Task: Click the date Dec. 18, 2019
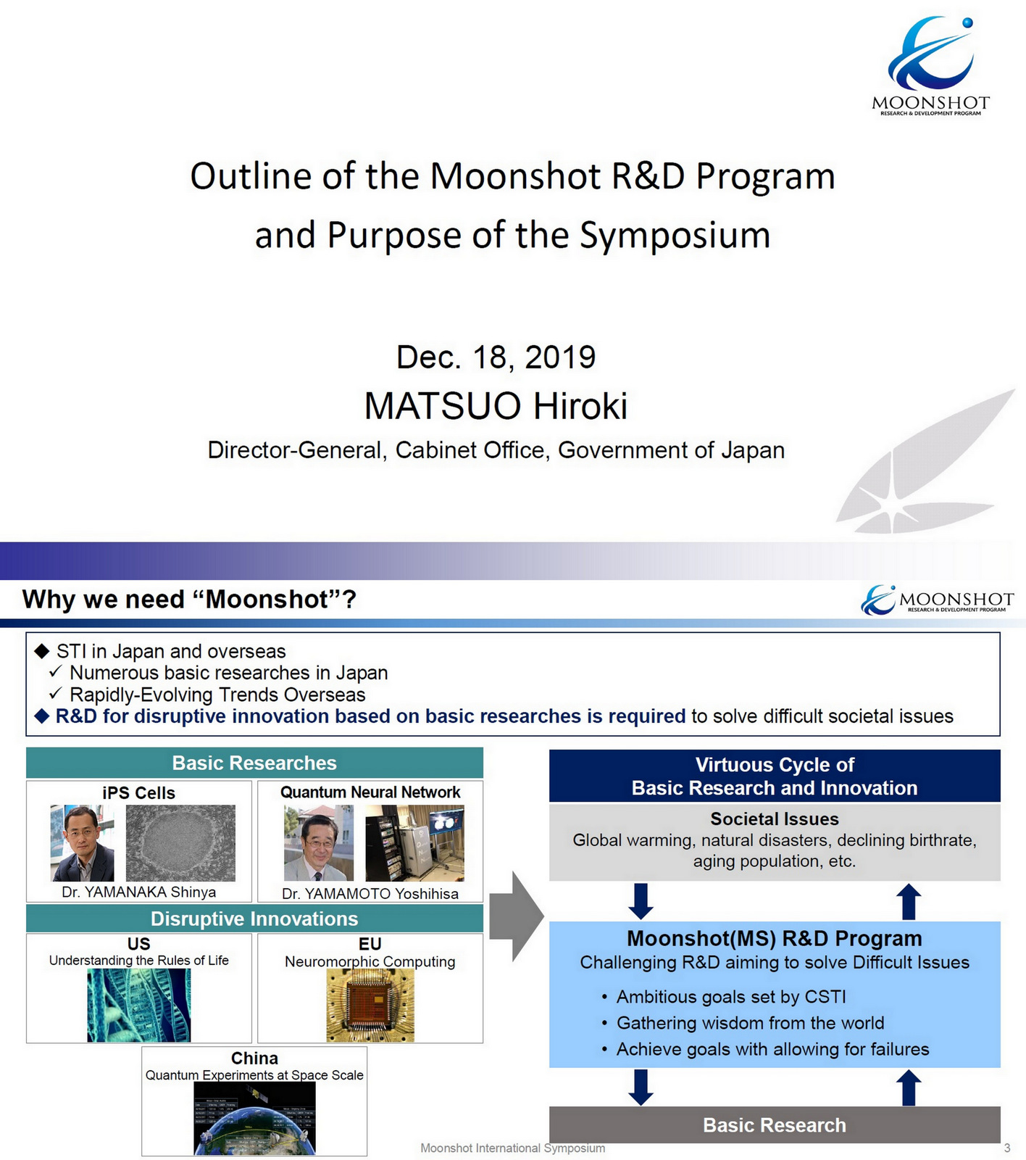pyautogui.click(x=496, y=357)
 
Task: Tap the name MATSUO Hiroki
pyautogui.click(x=496, y=405)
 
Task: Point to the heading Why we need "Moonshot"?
pyautogui.click(x=189, y=600)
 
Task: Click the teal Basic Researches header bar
pyautogui.click(x=254, y=763)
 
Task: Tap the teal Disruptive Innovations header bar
pyautogui.click(x=254, y=919)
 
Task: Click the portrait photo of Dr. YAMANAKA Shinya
pyautogui.click(x=82, y=842)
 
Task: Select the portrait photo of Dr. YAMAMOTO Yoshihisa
pyautogui.click(x=319, y=843)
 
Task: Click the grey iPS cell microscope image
pyautogui.click(x=180, y=842)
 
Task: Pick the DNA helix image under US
pyautogui.click(x=138, y=1006)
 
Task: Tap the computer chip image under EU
pyautogui.click(x=370, y=1006)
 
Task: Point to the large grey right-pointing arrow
pyautogui.click(x=516, y=917)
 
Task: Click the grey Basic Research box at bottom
pyautogui.click(x=775, y=1124)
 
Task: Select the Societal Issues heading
pyautogui.click(x=775, y=819)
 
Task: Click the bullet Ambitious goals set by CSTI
pyautogui.click(x=730, y=997)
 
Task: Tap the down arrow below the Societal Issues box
pyautogui.click(x=641, y=901)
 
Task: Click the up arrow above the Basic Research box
pyautogui.click(x=909, y=1088)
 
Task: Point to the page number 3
pyautogui.click(x=1006, y=1148)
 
